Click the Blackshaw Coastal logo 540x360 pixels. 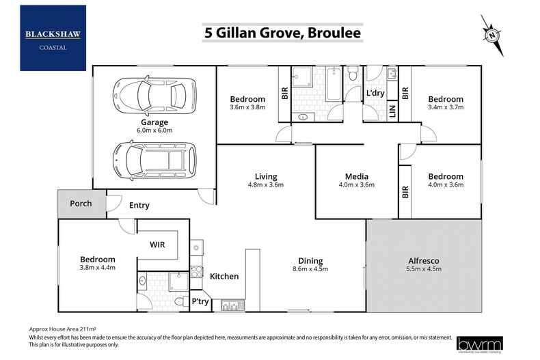tap(53, 38)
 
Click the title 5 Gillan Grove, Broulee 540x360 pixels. tap(282, 32)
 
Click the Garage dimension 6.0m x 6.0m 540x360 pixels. tap(154, 130)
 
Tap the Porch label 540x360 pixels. tap(81, 204)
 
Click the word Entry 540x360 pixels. tap(139, 206)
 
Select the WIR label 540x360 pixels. tap(159, 243)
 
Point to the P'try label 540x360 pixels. tap(200, 301)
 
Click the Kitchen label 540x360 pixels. tap(224, 277)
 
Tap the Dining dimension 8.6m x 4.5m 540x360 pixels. tap(310, 270)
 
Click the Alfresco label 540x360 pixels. tap(424, 261)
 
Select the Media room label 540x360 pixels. tap(357, 176)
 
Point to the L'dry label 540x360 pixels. tap(375, 93)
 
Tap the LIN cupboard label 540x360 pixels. tap(392, 111)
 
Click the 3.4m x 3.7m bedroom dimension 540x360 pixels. tap(445, 107)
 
